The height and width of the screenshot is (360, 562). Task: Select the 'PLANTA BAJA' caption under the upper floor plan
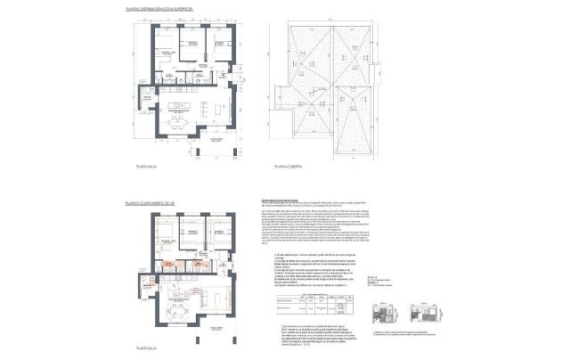pos(147,166)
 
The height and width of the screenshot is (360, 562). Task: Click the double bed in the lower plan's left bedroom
pos(166,233)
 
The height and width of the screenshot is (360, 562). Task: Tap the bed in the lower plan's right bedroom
pos(219,233)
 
